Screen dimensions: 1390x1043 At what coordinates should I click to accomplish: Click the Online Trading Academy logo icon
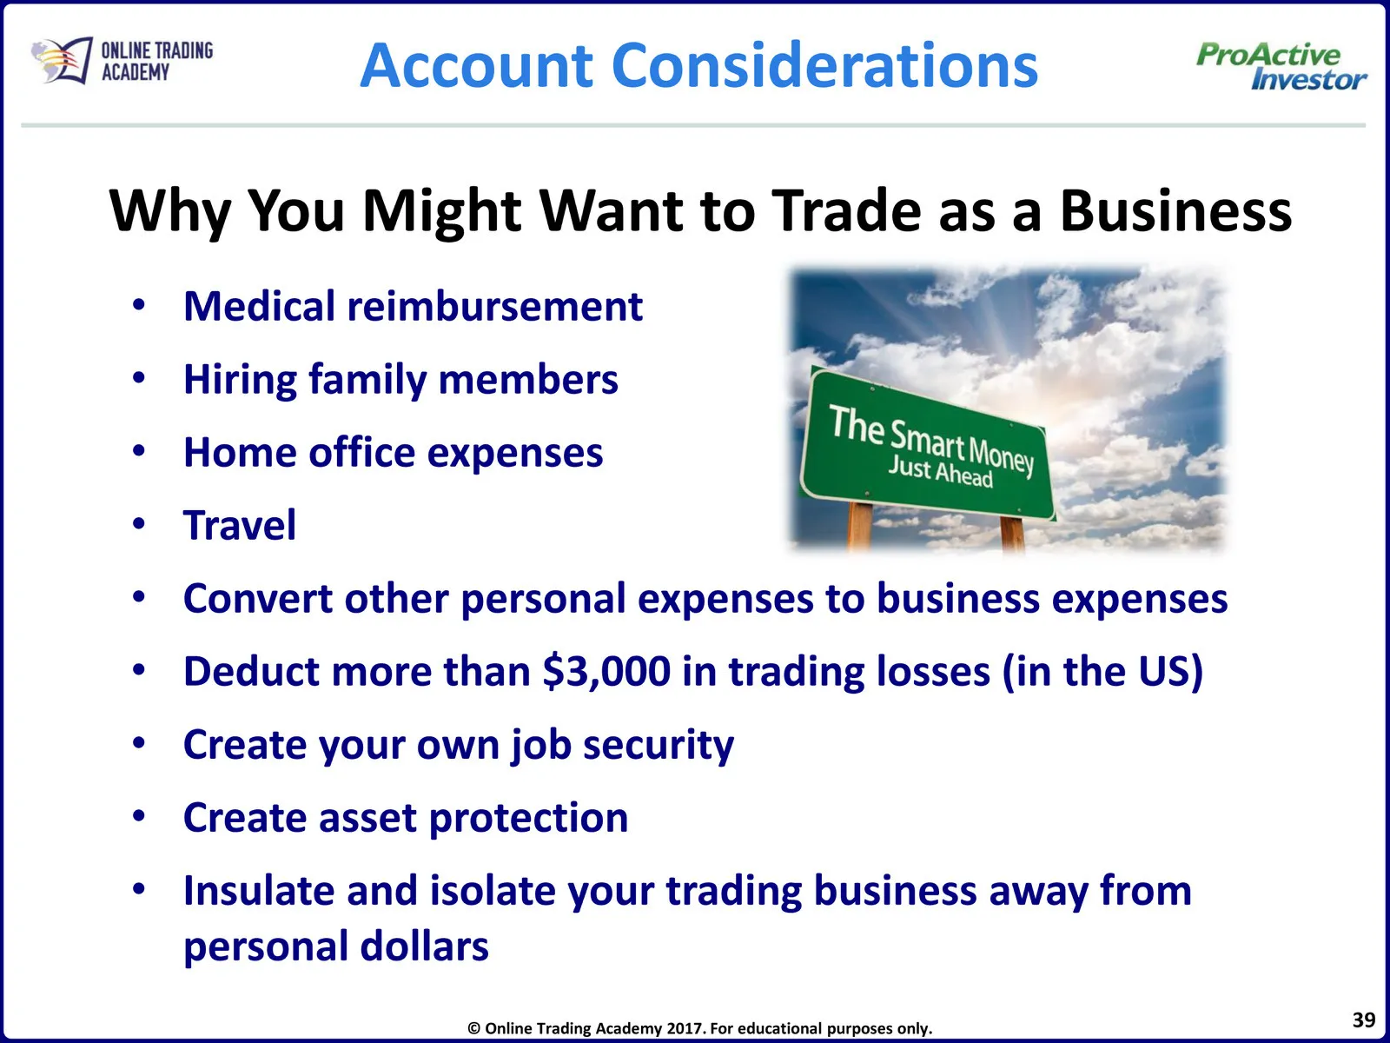tap(62, 60)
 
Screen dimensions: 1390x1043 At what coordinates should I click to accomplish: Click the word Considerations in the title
tap(824, 66)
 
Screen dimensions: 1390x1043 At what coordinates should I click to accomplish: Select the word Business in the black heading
tap(1175, 210)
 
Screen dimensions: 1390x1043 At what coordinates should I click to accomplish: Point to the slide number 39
tap(1363, 1020)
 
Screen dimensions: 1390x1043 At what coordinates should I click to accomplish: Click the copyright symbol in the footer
tap(473, 1028)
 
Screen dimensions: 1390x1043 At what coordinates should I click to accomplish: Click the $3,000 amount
tap(606, 671)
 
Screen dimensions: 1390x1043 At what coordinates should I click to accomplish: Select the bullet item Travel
tap(240, 525)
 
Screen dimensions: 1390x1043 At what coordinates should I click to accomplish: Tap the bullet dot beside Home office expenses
tap(139, 451)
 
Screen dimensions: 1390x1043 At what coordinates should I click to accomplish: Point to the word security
tap(659, 746)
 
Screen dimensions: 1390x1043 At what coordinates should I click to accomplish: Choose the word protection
tap(529, 818)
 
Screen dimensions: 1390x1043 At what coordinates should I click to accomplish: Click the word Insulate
tap(258, 890)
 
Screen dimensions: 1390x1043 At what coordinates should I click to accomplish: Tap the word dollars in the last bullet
tap(424, 946)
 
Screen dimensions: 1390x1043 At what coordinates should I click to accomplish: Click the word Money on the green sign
tap(1001, 454)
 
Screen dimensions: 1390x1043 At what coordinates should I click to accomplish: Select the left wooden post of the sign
tap(859, 524)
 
